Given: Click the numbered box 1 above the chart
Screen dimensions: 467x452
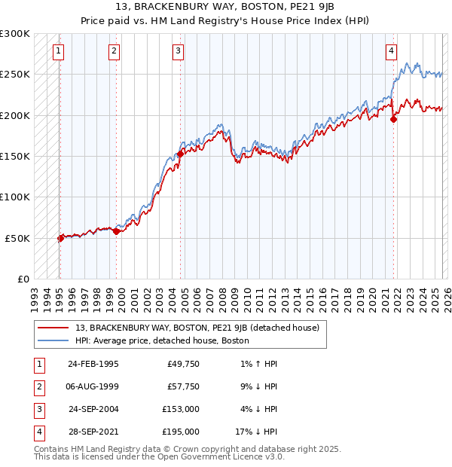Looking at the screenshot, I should click(x=59, y=51).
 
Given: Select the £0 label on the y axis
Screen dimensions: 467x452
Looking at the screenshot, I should click(x=23, y=279).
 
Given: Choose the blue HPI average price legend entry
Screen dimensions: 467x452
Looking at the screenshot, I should click(x=162, y=340).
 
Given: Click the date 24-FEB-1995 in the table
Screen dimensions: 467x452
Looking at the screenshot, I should click(x=93, y=364).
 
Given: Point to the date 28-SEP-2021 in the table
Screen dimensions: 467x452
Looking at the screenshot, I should click(x=93, y=432).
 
